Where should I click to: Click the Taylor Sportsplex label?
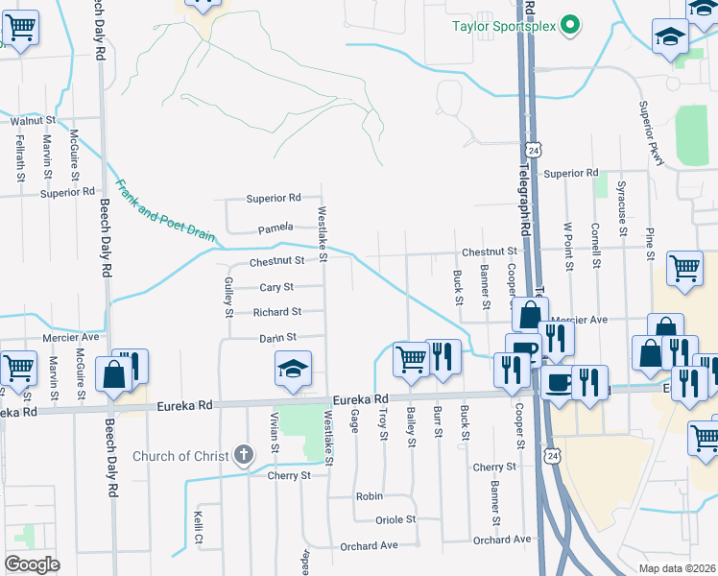(505, 26)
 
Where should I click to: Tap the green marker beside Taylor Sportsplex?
(570, 25)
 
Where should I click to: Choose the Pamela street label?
(275, 229)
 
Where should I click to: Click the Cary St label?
(276, 287)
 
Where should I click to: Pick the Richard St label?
(276, 312)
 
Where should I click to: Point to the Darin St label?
(276, 338)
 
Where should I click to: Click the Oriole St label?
(395, 519)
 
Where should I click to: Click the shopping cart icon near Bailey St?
(411, 359)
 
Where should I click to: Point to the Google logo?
(33, 564)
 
